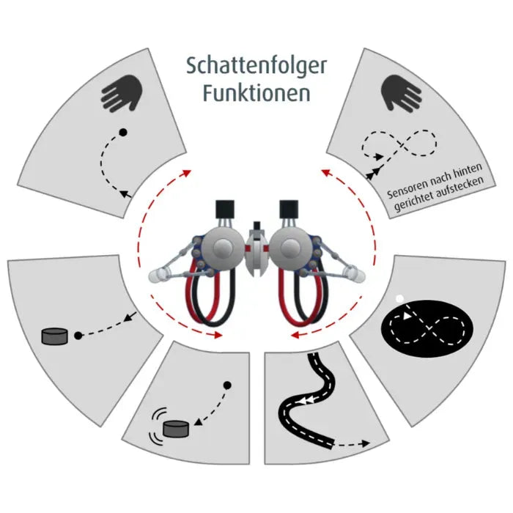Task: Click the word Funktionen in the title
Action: (256, 93)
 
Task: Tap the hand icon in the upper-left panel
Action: (122, 94)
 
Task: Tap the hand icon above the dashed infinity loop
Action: (402, 94)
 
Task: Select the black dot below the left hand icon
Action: (123, 132)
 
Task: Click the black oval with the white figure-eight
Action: (427, 328)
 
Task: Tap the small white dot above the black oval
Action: (399, 298)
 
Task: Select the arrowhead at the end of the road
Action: (366, 443)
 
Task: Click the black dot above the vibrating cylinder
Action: (227, 385)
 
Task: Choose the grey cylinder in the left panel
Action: (55, 336)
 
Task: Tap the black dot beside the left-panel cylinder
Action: (78, 336)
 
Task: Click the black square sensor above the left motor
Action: (225, 209)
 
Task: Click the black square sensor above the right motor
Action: (289, 209)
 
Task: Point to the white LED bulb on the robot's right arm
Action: (355, 275)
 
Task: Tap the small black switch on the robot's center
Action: (256, 226)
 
